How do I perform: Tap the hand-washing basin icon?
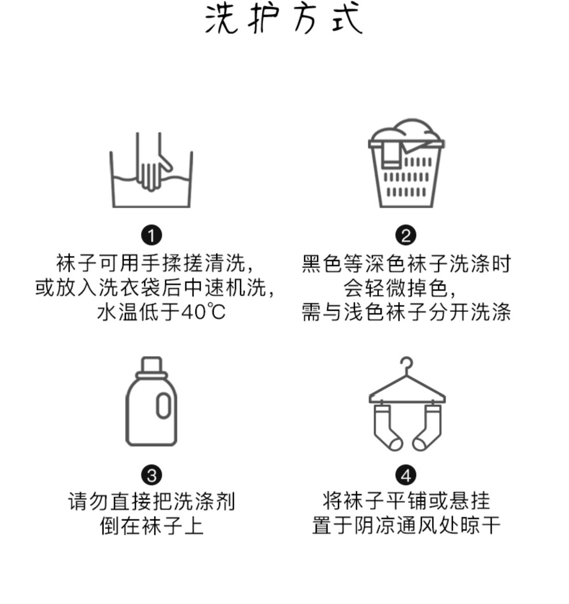pyautogui.click(x=151, y=171)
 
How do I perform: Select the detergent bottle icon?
pyautogui.click(x=151, y=401)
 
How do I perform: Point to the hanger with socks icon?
pyautogui.click(x=407, y=404)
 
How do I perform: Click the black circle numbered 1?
pyautogui.click(x=151, y=236)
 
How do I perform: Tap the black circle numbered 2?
pyautogui.click(x=406, y=236)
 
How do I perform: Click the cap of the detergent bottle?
pyautogui.click(x=151, y=365)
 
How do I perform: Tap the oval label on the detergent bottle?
pyautogui.click(x=163, y=405)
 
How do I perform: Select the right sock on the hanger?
pyautogui.click(x=428, y=427)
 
